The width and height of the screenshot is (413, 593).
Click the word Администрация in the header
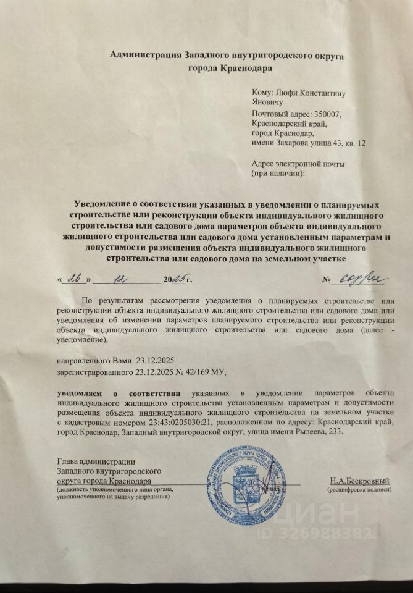pyautogui.click(x=146, y=55)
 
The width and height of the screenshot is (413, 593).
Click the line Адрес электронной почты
pyautogui.click(x=298, y=164)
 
